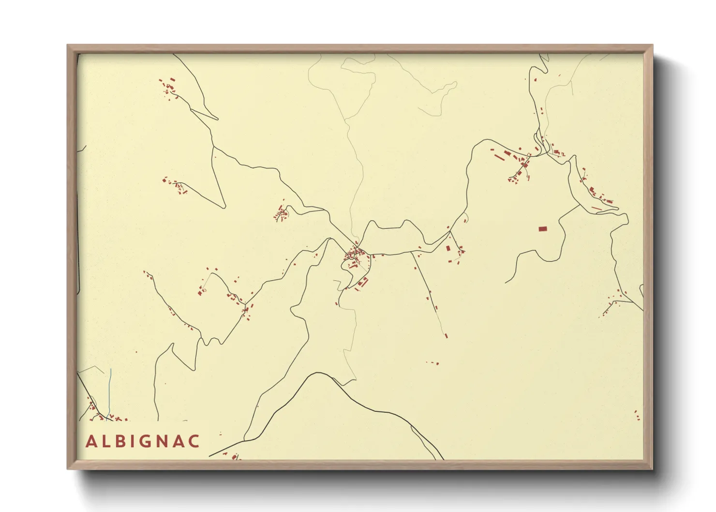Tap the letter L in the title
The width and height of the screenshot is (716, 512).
pyautogui.click(x=106, y=441)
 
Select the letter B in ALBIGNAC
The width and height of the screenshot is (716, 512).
pyautogui.click(x=121, y=441)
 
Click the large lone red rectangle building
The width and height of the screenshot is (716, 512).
pyautogui.click(x=543, y=228)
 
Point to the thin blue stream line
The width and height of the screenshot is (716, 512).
pyautogui.click(x=110, y=392)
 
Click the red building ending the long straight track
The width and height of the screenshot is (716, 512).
pyautogui.click(x=446, y=335)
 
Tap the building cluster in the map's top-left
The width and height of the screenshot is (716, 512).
pyautogui.click(x=169, y=88)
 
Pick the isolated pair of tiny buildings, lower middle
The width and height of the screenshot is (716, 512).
pyautogui.click(x=433, y=362)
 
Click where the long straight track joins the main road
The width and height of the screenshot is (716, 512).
pyautogui.click(x=412, y=252)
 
